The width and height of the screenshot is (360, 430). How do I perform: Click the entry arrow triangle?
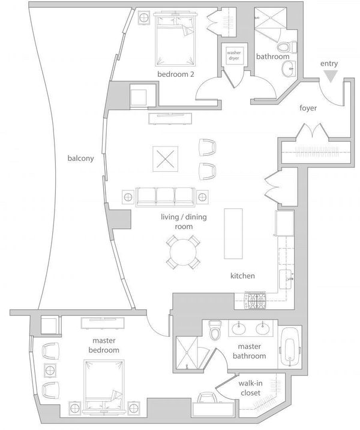pyautogui.click(x=331, y=76)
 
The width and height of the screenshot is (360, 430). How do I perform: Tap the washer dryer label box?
pyautogui.click(x=233, y=55)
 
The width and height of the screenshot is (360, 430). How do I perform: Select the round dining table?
pyautogui.click(x=183, y=252)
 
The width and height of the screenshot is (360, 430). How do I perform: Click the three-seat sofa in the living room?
pyautogui.click(x=166, y=197)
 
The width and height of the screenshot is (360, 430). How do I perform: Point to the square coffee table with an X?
pyautogui.click(x=166, y=159)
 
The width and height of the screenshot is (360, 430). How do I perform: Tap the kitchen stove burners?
pyautogui.click(x=256, y=300)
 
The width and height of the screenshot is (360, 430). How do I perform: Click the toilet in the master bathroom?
pyautogui.click(x=214, y=330)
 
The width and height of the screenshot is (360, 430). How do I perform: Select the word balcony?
pyautogui.click(x=80, y=159)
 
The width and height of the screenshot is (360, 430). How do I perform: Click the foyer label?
pyautogui.click(x=308, y=108)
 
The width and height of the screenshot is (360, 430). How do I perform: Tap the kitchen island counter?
pyautogui.click(x=233, y=234)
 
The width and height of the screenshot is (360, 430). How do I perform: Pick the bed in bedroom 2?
pyautogui.click(x=175, y=38)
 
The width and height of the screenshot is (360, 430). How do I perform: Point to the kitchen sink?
pyautogui.click(x=286, y=279)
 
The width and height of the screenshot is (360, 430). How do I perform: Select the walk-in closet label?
pyautogui.click(x=250, y=388)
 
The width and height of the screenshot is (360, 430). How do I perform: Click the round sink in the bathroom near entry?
pyautogui.click(x=288, y=68)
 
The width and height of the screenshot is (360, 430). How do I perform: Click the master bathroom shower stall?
pyautogui.click(x=187, y=353)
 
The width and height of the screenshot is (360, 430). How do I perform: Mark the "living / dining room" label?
pyautogui.click(x=184, y=222)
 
